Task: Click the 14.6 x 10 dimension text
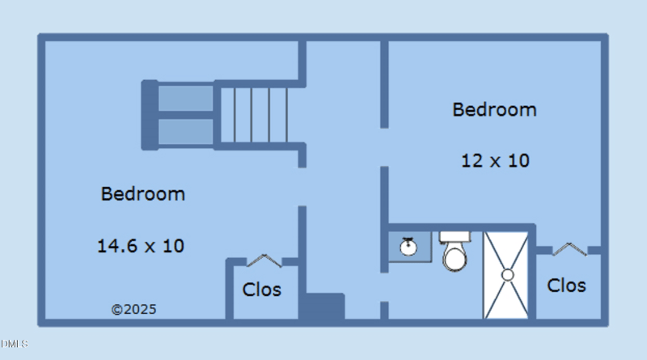pyautogui.click(x=141, y=246)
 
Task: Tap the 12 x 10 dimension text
pyautogui.click(x=495, y=160)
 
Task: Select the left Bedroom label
pyautogui.click(x=143, y=194)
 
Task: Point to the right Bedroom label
pyautogui.click(x=494, y=109)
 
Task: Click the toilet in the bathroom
pyautogui.click(x=455, y=257)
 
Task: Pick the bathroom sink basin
pyautogui.click(x=409, y=245)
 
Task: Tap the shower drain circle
pyautogui.click(x=507, y=274)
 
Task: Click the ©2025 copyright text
pyautogui.click(x=133, y=309)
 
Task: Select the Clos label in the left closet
pyautogui.click(x=262, y=289)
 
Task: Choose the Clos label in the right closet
pyautogui.click(x=566, y=285)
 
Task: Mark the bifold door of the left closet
pyautogui.click(x=263, y=260)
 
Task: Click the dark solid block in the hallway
pyautogui.click(x=322, y=307)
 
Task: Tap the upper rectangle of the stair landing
pyautogui.click(x=185, y=98)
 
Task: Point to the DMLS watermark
pyautogui.click(x=14, y=344)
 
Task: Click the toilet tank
pyautogui.click(x=455, y=237)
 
